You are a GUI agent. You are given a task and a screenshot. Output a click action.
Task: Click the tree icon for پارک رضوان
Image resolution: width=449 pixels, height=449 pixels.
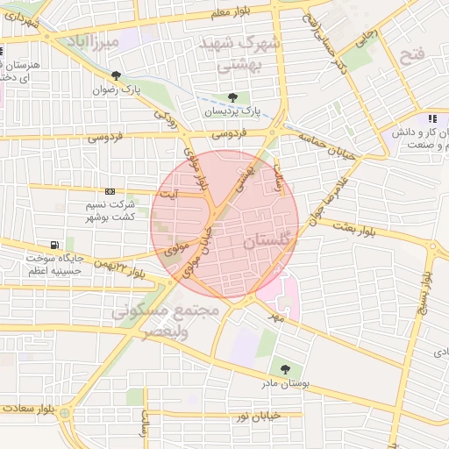(x=117, y=75)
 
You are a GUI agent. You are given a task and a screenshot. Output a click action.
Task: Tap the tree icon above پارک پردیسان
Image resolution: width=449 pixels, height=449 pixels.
(x=232, y=96)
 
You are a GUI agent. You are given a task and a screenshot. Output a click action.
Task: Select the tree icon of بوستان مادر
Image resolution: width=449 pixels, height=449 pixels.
(x=284, y=369)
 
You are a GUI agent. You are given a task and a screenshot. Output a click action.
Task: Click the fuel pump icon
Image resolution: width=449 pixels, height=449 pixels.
(x=56, y=245)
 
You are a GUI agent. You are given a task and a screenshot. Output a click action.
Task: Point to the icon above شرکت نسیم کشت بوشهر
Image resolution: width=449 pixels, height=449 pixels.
(x=110, y=191)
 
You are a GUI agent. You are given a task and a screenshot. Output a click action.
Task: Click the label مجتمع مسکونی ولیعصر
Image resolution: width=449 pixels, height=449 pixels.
(x=158, y=321)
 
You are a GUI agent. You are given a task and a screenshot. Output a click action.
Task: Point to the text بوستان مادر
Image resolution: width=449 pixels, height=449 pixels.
(x=284, y=384)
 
